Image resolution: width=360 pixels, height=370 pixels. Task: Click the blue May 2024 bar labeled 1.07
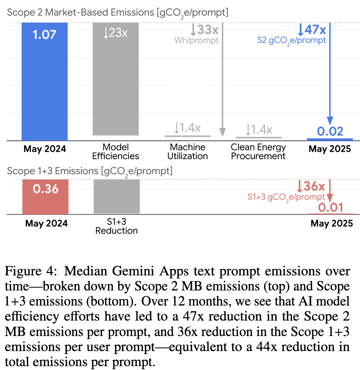pyautogui.click(x=45, y=81)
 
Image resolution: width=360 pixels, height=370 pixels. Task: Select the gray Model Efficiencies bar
pyautogui.click(x=116, y=81)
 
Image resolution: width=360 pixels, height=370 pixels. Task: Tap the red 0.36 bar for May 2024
pyautogui.click(x=45, y=197)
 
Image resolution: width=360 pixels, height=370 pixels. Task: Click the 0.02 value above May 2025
pyautogui.click(x=330, y=131)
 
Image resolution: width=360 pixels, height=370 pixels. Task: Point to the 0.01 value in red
pyautogui.click(x=331, y=208)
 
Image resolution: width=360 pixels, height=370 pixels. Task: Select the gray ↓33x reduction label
pyautogui.click(x=205, y=29)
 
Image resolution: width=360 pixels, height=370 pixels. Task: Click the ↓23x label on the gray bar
pyautogui.click(x=115, y=33)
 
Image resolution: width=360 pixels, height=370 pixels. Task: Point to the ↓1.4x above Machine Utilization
pyautogui.click(x=187, y=128)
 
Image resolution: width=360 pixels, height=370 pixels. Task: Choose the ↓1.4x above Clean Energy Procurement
pyautogui.click(x=259, y=129)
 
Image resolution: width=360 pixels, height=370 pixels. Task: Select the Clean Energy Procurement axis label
pyautogui.click(x=258, y=151)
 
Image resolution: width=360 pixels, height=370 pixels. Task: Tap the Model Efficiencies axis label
pyautogui.click(x=115, y=151)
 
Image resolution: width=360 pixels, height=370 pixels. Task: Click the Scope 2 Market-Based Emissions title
pyautogui.click(x=117, y=12)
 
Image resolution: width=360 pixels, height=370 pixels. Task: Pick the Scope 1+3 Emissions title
pyautogui.click(x=90, y=171)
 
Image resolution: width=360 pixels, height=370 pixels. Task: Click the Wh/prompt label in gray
pyautogui.click(x=196, y=40)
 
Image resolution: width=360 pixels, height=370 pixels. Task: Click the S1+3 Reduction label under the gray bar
pyautogui.click(x=116, y=226)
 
